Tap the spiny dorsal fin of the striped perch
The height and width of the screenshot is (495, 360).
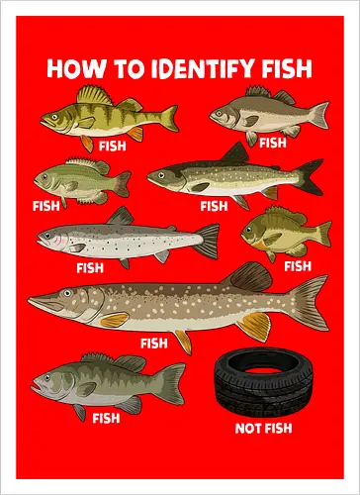point(95,95)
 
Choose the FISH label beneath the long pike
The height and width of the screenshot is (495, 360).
point(154,344)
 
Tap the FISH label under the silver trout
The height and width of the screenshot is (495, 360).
point(90,267)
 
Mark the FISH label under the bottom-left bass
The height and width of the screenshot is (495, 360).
point(106,418)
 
